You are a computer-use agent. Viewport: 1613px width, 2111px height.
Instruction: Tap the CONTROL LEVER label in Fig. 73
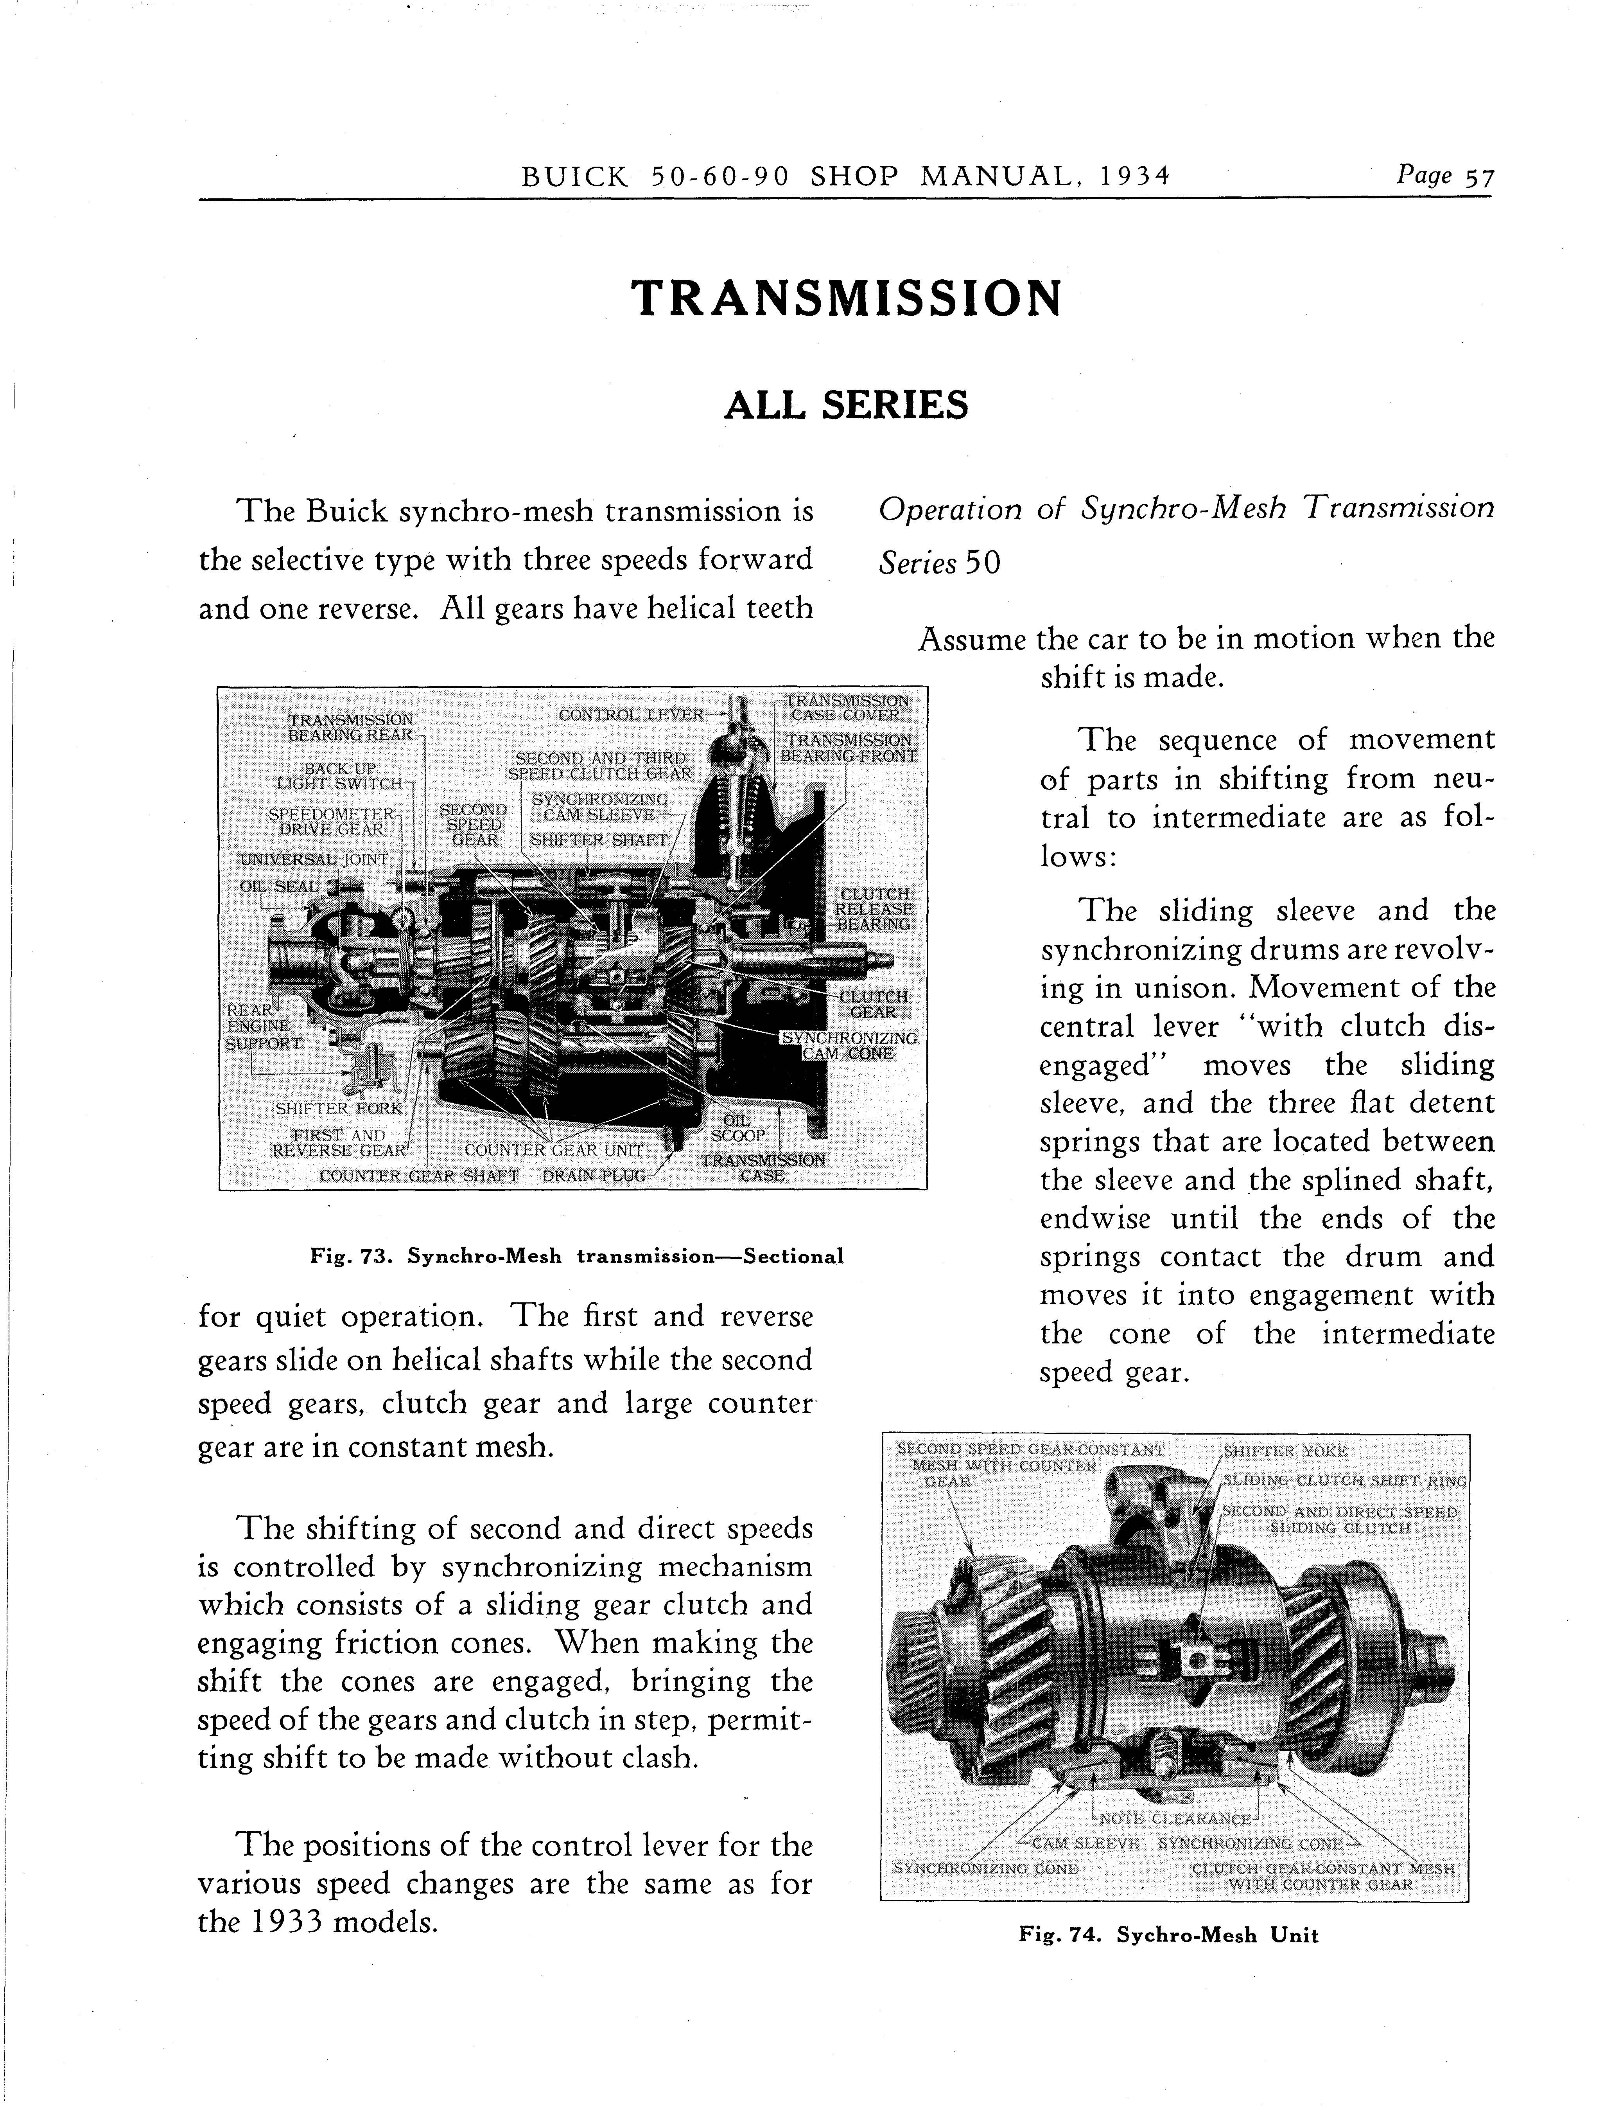point(631,714)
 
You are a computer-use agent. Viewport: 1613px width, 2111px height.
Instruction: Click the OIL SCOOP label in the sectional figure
point(737,1129)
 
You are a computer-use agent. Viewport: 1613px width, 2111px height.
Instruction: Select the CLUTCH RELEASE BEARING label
point(874,908)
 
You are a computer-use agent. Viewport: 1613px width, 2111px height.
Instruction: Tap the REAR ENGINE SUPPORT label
point(262,1027)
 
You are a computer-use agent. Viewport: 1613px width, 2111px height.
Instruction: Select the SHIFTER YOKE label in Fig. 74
point(1285,1451)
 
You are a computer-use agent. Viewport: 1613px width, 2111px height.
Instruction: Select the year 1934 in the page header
point(1136,178)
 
